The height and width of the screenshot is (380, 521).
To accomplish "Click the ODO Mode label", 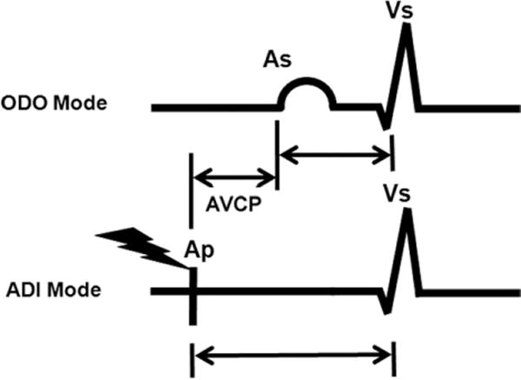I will [x=68, y=104].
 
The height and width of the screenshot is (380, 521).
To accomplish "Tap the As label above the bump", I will [x=279, y=62].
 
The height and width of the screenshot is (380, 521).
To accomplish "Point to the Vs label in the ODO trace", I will [x=405, y=12].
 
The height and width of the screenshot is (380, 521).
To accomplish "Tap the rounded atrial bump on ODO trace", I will [x=305, y=90].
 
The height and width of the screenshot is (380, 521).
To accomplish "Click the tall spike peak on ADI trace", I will [x=406, y=218].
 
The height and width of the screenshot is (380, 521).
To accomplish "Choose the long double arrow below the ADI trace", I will [x=291, y=353].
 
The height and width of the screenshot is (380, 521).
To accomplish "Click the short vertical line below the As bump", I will [x=276, y=143].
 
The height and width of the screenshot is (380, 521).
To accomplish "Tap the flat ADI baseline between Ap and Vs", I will [x=287, y=290].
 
